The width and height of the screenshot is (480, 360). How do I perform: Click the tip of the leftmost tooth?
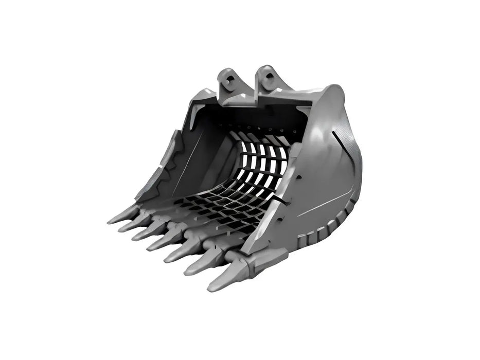click(x=109, y=222)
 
